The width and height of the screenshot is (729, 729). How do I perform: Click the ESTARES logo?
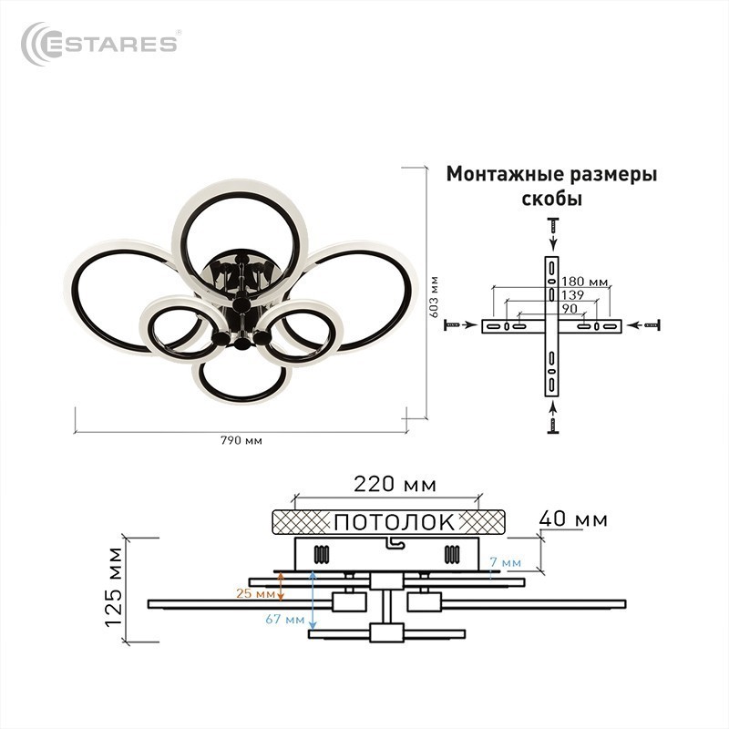[x=100, y=44]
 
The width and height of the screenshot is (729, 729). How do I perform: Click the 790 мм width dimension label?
[x=241, y=440]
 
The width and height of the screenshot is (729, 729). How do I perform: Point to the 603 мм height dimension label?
[x=434, y=297]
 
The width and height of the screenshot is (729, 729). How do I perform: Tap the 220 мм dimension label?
[x=395, y=484]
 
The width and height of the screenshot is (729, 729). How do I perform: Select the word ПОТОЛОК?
[x=395, y=521]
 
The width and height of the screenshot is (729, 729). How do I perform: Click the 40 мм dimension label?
[x=573, y=519]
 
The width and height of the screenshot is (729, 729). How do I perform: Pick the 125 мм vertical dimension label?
[x=114, y=588]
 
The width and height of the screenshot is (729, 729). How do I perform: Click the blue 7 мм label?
[x=506, y=562]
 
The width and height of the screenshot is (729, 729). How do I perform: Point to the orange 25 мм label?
[x=255, y=593]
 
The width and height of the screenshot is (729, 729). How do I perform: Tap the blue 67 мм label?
[x=285, y=620]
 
